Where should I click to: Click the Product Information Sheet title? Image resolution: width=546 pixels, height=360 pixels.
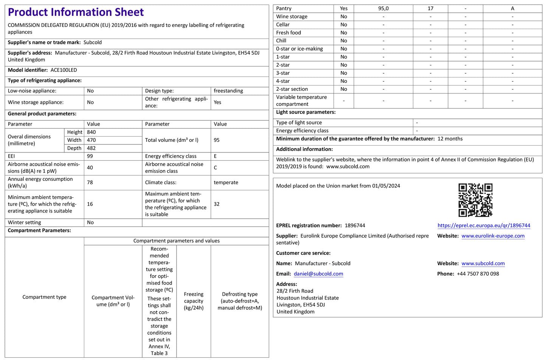76,12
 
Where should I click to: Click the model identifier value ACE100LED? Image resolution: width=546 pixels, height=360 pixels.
64,70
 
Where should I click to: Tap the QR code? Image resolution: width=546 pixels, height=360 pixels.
475,200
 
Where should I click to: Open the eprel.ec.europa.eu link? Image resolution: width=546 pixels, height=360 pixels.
484,225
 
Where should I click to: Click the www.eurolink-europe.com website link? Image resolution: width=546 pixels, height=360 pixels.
493,236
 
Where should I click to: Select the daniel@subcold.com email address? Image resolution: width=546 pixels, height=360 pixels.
318,274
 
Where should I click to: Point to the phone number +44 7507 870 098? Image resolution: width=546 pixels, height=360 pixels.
478,274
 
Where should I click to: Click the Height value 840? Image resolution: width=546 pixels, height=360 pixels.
91,132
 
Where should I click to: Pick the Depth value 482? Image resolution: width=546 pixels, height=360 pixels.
91,148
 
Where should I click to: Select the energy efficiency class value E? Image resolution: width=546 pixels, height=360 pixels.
215,156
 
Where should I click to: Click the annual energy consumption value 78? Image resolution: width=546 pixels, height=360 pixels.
90,182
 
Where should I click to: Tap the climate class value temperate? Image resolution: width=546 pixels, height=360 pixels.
226,182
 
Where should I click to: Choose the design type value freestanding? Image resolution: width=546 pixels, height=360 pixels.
228,91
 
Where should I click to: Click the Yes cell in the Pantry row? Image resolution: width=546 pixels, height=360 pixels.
343,8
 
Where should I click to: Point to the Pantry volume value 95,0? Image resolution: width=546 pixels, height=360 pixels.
383,8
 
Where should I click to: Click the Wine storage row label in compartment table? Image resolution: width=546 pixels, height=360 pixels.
292,17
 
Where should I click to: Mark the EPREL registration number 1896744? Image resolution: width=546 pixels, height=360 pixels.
355,225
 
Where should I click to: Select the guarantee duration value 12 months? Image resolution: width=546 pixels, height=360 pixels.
450,139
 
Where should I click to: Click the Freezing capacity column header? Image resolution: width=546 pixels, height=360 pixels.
193,301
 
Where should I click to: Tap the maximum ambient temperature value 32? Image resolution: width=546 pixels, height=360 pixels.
217,204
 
